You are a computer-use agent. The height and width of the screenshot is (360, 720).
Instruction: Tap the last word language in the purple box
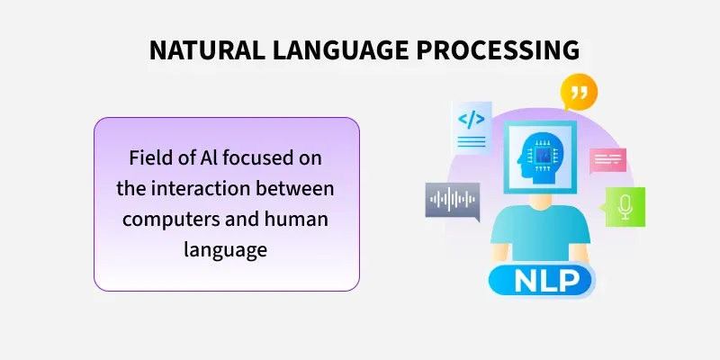tap(226, 249)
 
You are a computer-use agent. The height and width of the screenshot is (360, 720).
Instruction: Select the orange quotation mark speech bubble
tap(579, 93)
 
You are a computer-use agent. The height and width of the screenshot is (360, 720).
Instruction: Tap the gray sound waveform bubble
tap(452, 200)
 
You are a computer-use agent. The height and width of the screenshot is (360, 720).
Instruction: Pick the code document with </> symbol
tap(472, 125)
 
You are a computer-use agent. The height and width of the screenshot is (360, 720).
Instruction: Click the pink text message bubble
tap(607, 160)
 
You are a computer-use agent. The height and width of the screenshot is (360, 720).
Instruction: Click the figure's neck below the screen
tap(540, 205)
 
